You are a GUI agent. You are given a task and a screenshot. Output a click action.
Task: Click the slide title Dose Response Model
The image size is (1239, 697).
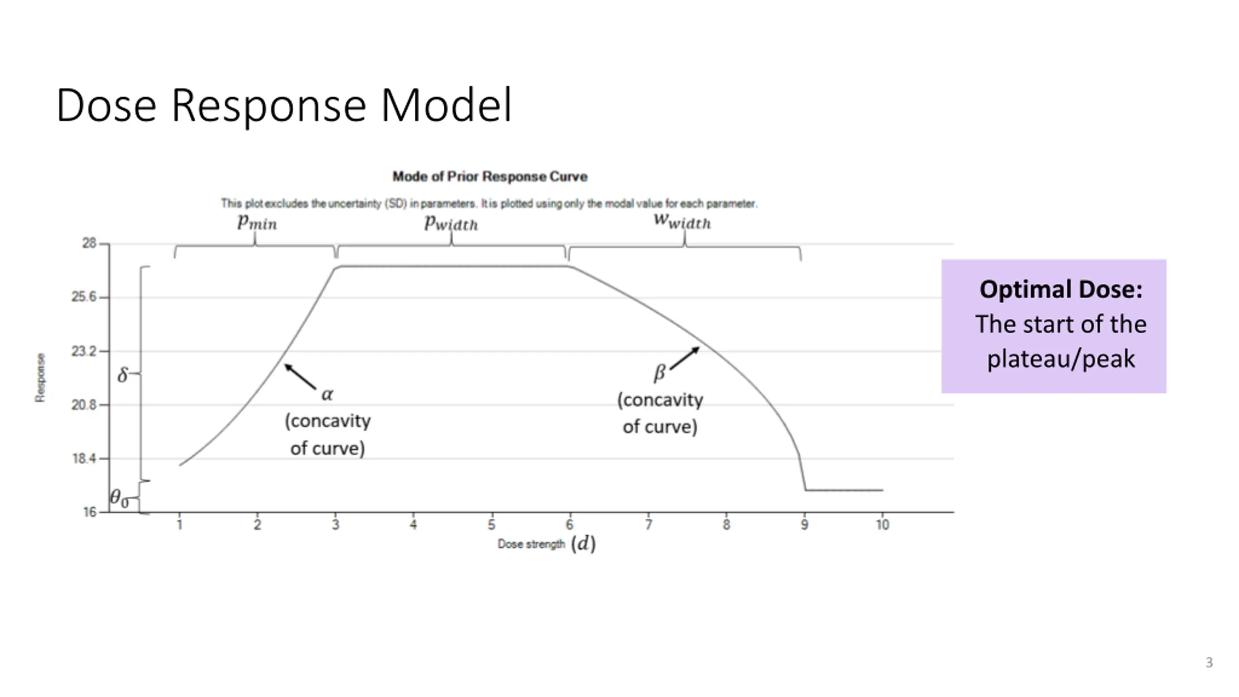284,105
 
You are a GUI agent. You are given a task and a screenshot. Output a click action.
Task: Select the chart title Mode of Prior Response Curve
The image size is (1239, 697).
490,177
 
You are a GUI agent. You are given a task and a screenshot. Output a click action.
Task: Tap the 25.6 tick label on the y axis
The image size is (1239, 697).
84,297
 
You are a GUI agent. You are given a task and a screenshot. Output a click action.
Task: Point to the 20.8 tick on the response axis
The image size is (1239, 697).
84,405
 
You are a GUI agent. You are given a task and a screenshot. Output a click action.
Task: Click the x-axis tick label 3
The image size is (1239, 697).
335,525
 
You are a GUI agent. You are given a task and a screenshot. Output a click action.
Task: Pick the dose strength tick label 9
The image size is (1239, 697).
804,525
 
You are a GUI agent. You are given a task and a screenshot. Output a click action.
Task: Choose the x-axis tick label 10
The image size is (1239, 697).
882,525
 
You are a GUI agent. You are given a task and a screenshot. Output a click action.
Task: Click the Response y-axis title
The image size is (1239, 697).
40,378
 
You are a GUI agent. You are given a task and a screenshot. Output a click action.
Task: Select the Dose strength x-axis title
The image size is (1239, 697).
531,544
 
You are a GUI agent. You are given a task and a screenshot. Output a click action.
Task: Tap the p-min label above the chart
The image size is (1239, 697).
257,222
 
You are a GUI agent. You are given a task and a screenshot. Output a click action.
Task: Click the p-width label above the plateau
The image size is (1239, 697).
451,223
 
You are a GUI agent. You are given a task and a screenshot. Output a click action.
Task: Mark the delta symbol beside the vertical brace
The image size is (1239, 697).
123,374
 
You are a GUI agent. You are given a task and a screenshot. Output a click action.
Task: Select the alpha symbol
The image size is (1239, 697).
327,394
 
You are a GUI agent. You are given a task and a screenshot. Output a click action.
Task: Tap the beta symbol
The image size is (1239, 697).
660,373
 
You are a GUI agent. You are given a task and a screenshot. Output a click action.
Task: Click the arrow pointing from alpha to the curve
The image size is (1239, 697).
300,377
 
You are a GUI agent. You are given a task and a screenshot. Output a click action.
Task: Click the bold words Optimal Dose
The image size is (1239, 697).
1060,289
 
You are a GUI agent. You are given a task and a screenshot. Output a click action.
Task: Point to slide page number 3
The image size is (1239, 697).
1209,662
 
